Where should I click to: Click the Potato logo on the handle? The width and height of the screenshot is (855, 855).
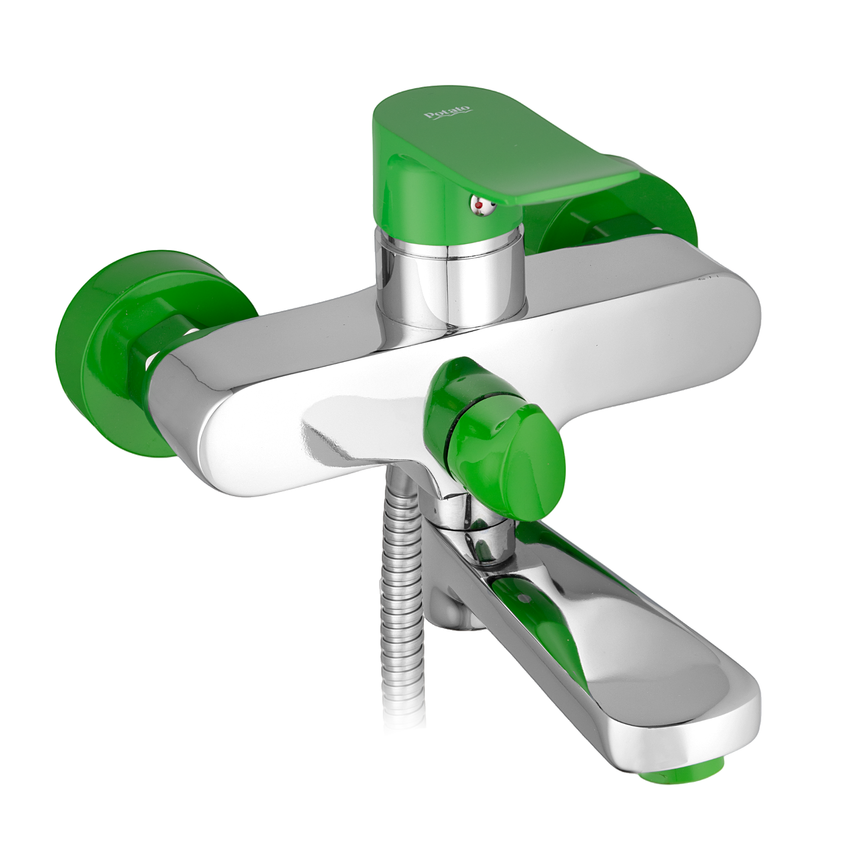[x=448, y=112]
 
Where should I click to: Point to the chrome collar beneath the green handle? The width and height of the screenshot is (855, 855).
[x=451, y=281]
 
